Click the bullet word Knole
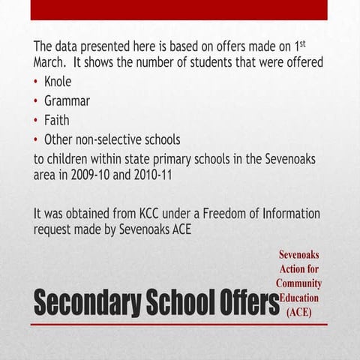click(58, 81)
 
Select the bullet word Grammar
click(67, 100)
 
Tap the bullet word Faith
click(56, 120)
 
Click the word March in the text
click(50, 62)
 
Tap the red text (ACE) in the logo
click(298, 310)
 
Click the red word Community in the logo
click(298, 283)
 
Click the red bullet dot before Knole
click(37, 82)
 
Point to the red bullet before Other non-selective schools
click(37, 140)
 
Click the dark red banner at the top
click(179, 9)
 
